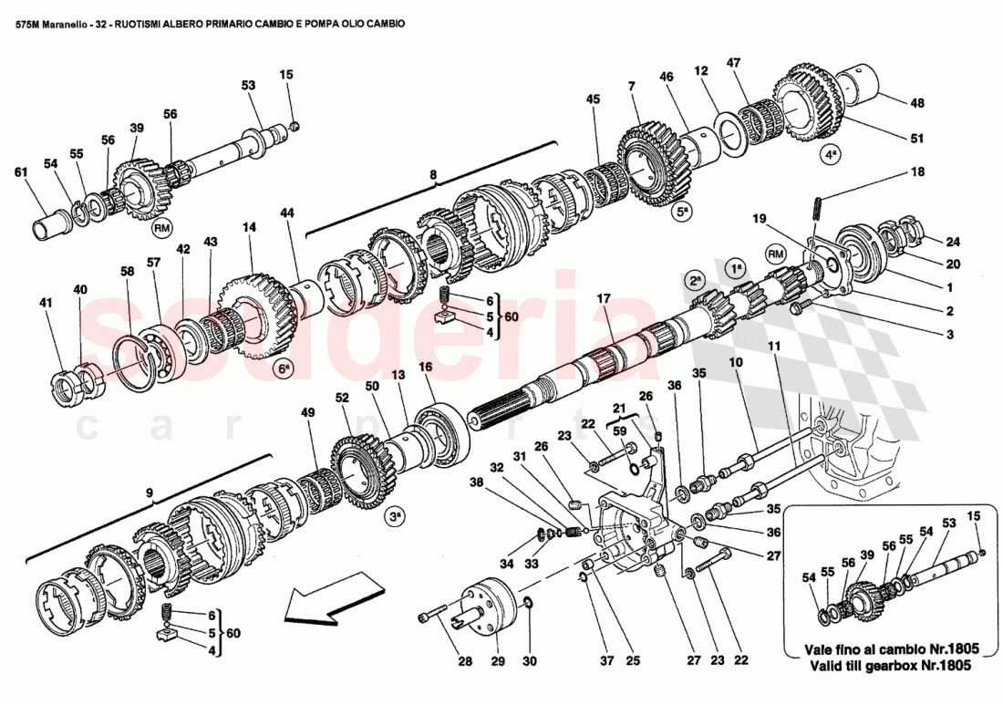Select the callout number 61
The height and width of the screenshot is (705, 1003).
pyautogui.click(x=20, y=172)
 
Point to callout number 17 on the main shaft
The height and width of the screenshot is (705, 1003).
pyautogui.click(x=604, y=297)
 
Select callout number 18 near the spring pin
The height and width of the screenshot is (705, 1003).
pyautogui.click(x=916, y=171)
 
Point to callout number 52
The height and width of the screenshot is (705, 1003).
pyautogui.click(x=342, y=398)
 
